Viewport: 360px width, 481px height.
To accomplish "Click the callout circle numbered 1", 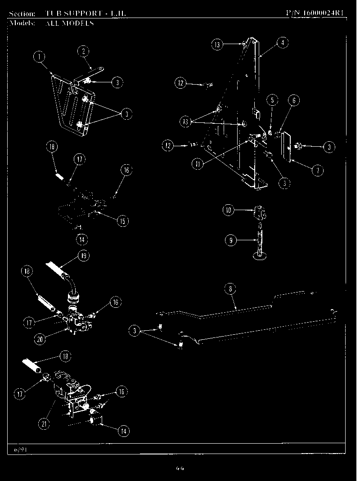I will coord(40,57).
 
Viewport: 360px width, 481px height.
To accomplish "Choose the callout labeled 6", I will coord(293,101).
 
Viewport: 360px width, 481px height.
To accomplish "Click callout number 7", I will coord(318,170).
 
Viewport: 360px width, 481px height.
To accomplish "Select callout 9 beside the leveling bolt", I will coord(230,240).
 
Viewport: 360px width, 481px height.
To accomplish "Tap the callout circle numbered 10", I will coord(229,210).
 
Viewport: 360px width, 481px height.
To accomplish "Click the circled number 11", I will coord(197,164).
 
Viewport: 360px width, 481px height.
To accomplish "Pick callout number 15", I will coord(122,221).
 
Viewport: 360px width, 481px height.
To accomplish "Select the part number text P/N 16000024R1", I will coord(315,13).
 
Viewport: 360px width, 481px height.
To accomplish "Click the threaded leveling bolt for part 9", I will coord(260,241).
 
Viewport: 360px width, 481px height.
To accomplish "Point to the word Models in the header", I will coord(21,23).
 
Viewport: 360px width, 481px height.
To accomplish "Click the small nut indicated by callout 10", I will coord(260,211).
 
